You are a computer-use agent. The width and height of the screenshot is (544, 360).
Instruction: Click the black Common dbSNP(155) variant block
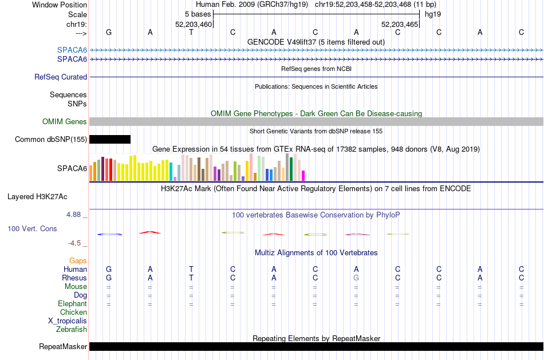pos(110,140)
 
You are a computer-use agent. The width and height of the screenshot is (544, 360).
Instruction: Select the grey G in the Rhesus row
pos(356,278)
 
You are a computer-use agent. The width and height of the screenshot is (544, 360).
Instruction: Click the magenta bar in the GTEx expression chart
pos(303,176)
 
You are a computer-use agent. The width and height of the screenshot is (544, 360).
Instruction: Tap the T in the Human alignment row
pos(191,269)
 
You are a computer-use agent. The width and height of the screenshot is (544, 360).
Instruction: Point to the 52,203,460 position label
pos(193,24)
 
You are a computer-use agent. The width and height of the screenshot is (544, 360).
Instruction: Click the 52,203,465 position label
pos(400,24)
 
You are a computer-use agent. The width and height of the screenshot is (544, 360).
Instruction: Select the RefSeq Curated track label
pos(61,77)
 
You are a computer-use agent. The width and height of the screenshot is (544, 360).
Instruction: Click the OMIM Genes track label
pos(65,121)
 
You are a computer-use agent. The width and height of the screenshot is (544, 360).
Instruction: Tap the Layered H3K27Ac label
pos(37,197)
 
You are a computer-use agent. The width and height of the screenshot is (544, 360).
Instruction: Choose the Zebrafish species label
pos(72,329)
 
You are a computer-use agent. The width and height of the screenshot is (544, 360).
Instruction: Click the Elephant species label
pos(72,303)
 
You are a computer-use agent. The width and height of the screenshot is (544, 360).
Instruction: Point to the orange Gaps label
pos(78,261)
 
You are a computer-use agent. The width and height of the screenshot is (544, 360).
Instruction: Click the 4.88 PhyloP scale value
pos(73,215)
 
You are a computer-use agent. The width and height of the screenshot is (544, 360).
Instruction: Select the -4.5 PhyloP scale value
pos(74,243)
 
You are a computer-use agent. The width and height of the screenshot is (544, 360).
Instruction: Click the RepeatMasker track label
pos(63,346)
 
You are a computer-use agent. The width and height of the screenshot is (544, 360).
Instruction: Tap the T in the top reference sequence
pos(191,32)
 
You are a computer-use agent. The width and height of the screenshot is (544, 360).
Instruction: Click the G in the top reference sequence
pos(109,32)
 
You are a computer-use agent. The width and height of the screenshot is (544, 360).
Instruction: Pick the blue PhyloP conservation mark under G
pos(109,235)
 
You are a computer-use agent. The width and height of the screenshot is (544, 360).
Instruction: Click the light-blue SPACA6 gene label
pos(72,50)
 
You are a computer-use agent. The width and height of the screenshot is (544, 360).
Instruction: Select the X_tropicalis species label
pos(68,321)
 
